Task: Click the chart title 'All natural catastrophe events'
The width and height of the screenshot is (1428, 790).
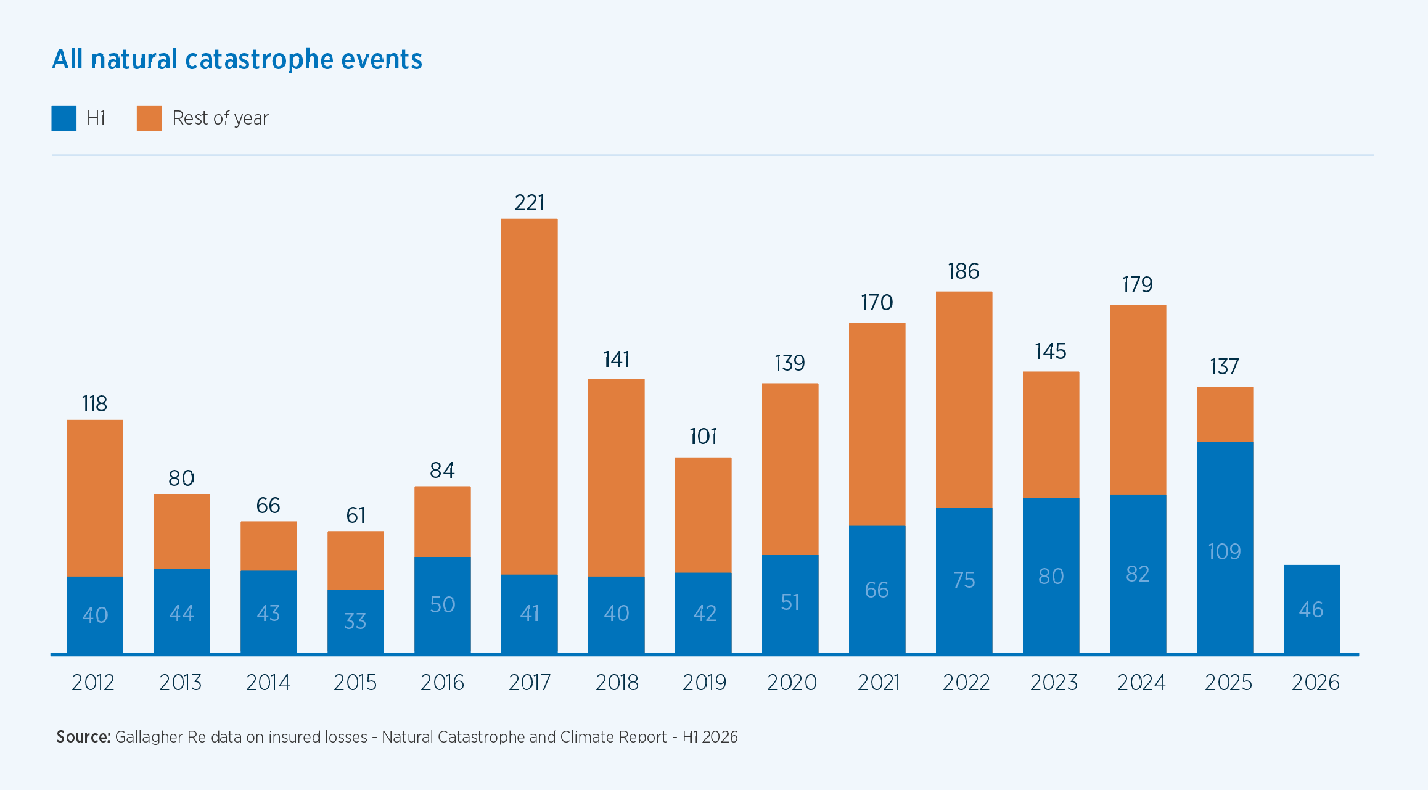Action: pyautogui.click(x=237, y=59)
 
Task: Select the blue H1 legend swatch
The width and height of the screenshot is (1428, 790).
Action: pyautogui.click(x=64, y=118)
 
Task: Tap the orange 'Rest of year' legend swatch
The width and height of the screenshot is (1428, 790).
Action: pyautogui.click(x=149, y=118)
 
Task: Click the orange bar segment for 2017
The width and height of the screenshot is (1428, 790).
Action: pyautogui.click(x=530, y=397)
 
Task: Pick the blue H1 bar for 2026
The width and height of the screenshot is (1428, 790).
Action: pyautogui.click(x=1312, y=609)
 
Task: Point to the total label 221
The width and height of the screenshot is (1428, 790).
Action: pyautogui.click(x=530, y=203)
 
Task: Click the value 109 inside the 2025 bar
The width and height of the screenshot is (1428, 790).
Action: pyautogui.click(x=1225, y=551)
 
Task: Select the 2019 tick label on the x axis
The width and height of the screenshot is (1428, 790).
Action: pyautogui.click(x=704, y=683)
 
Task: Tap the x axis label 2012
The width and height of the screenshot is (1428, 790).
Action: pyautogui.click(x=93, y=683)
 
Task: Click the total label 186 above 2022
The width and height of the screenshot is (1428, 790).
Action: pyautogui.click(x=964, y=271)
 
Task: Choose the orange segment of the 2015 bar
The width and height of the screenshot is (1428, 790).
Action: pyautogui.click(x=356, y=561)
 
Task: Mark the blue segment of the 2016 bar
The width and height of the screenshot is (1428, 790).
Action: pyautogui.click(x=443, y=605)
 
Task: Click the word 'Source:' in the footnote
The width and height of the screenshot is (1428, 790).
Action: pyautogui.click(x=83, y=737)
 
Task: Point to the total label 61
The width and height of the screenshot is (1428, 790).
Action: pyautogui.click(x=356, y=515)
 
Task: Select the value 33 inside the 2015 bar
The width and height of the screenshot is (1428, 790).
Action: pyautogui.click(x=355, y=621)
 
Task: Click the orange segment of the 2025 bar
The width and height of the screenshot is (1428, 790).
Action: pyautogui.click(x=1225, y=414)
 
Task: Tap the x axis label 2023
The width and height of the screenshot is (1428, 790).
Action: pyautogui.click(x=1054, y=683)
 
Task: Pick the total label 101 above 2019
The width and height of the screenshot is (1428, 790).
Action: pyautogui.click(x=704, y=437)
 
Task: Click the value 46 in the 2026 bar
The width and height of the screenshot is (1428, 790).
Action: pyautogui.click(x=1311, y=610)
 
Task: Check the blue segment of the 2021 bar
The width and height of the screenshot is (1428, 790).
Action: pyautogui.click(x=877, y=590)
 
